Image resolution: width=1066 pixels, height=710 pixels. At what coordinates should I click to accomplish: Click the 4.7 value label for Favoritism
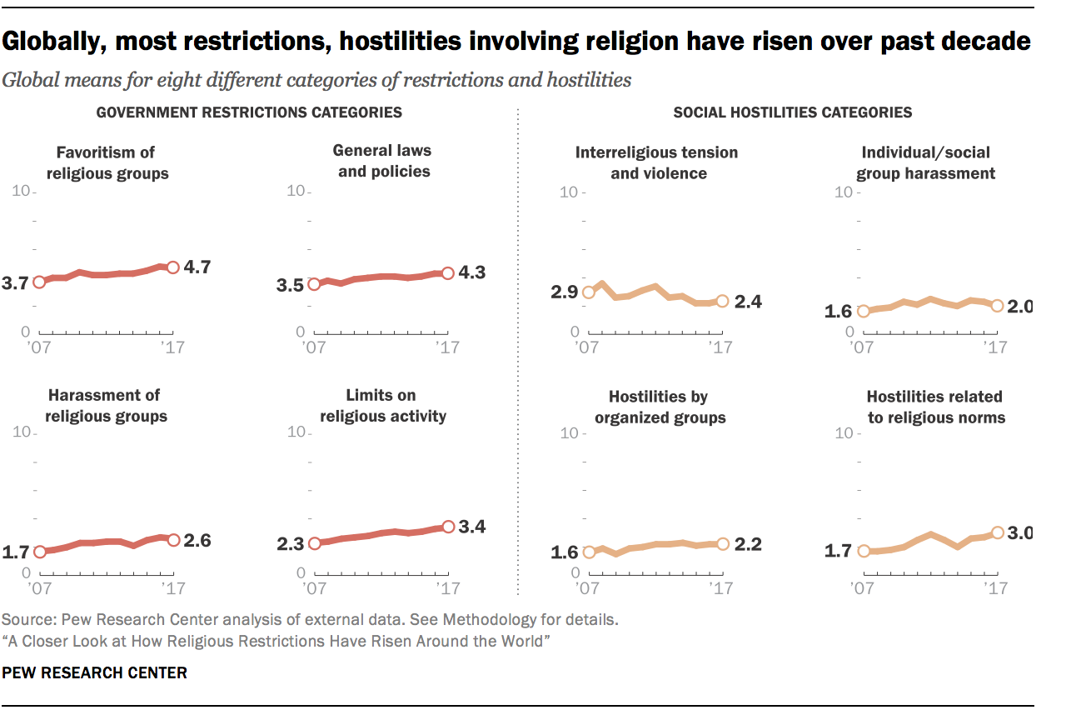(197, 267)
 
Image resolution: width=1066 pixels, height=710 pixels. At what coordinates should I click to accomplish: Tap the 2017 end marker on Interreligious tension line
(722, 301)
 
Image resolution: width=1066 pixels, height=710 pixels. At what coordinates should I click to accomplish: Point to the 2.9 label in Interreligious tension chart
(563, 292)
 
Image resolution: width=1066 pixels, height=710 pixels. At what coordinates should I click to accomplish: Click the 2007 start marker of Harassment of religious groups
(38, 552)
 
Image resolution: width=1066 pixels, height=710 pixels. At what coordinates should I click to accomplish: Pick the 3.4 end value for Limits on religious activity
(471, 527)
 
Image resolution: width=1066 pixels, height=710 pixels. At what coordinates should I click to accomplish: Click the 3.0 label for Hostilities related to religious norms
(1019, 532)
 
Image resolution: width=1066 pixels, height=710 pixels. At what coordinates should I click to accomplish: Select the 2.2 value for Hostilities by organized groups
(746, 544)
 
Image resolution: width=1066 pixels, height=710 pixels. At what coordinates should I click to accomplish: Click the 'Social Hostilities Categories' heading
(792, 112)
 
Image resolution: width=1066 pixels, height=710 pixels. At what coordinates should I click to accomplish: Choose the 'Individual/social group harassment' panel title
(928, 162)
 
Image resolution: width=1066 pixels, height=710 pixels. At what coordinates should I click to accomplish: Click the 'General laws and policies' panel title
(381, 161)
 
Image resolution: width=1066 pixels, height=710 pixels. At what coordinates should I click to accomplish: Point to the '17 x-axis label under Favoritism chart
(172, 347)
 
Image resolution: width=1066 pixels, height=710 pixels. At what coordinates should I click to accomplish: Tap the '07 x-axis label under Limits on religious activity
(313, 589)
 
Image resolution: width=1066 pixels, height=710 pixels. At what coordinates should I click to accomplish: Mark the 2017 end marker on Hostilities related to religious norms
(997, 532)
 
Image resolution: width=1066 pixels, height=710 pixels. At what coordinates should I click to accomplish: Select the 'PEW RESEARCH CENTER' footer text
(94, 672)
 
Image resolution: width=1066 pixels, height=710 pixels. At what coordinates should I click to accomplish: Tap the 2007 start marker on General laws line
(313, 284)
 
